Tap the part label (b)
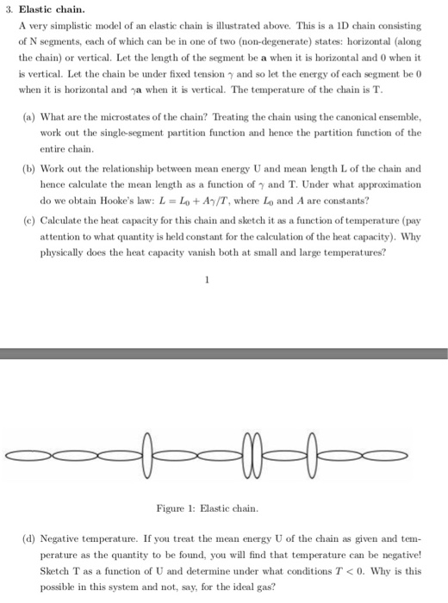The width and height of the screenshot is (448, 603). (28, 169)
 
